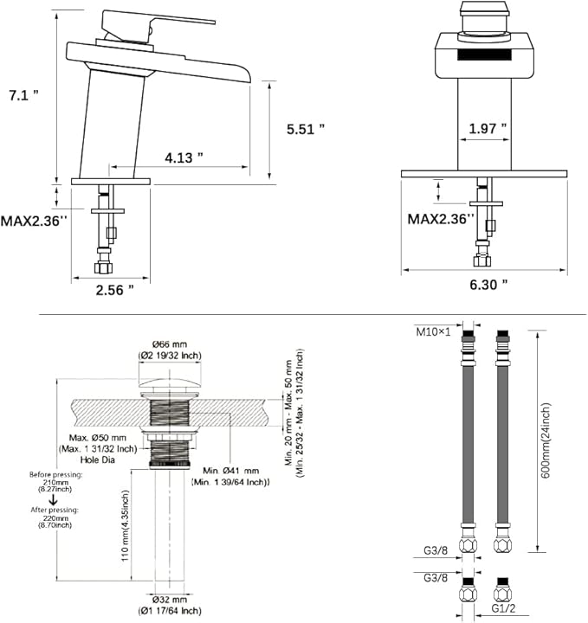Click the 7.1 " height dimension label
24,95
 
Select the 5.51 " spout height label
306,129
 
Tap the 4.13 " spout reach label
184,157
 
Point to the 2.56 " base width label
115,290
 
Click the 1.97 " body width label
488,128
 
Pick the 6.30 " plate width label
488,285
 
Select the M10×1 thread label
433,331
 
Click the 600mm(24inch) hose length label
546,440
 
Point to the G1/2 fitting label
503,608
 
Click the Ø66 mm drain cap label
170,344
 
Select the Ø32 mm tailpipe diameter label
170,599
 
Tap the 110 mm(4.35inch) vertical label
126,526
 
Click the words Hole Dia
97,459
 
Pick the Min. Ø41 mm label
230,471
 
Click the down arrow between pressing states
53,499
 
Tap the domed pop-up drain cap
170,384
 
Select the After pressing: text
55,510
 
